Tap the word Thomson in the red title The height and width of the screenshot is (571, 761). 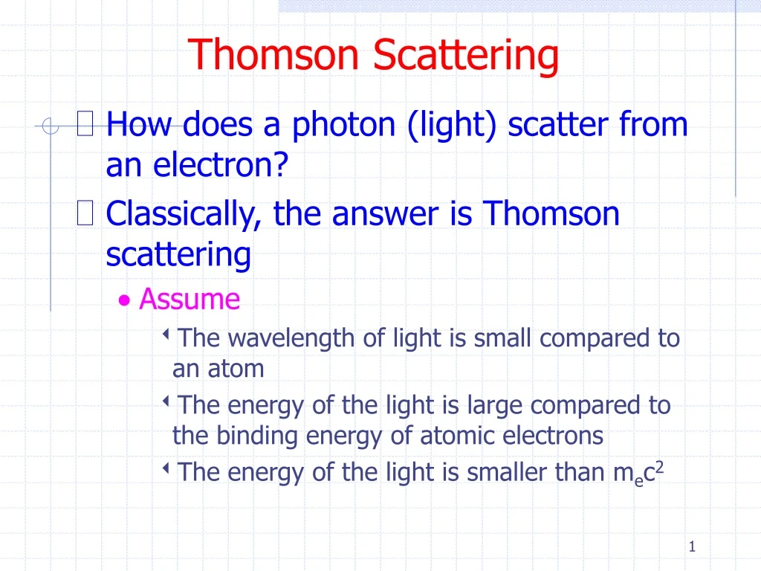(276, 55)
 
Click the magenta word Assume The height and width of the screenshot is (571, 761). (190, 300)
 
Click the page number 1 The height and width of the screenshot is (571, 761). (691, 547)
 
